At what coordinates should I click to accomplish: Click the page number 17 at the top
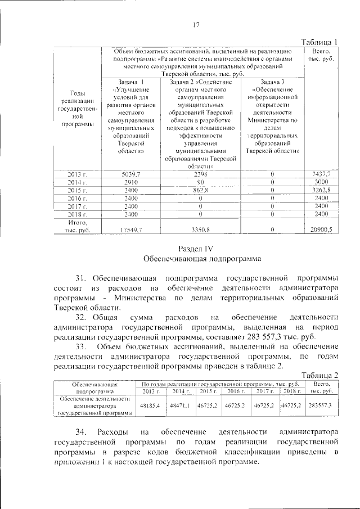click(x=197, y=25)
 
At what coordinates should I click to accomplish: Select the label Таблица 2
click(x=319, y=375)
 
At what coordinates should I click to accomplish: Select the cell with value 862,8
click(x=200, y=191)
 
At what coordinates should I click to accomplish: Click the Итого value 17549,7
click(x=130, y=229)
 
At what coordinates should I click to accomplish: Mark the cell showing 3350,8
click(x=200, y=229)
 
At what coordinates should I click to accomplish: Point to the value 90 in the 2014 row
click(x=200, y=183)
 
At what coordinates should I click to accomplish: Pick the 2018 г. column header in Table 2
click(x=291, y=390)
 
